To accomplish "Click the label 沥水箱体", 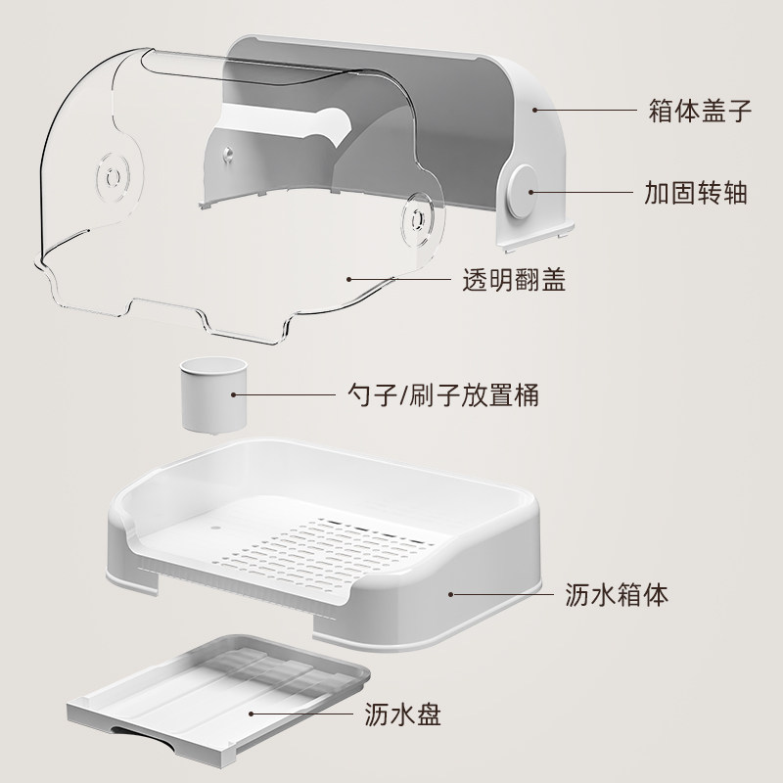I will coord(617,593).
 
